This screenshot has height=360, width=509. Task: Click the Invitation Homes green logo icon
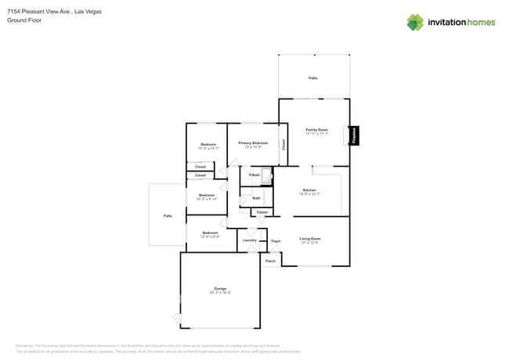click(x=414, y=22)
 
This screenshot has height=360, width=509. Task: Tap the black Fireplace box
click(x=353, y=135)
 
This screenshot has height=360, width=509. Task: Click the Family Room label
click(x=316, y=129)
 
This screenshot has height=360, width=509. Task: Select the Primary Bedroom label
click(x=253, y=143)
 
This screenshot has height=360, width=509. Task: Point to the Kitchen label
click(x=309, y=190)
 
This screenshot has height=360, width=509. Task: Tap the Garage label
click(x=220, y=289)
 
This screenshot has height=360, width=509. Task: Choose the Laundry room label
click(x=250, y=239)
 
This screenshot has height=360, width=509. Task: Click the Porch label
click(x=270, y=261)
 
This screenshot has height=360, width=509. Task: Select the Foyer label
click(x=276, y=240)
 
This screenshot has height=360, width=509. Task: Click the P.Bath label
click(x=254, y=175)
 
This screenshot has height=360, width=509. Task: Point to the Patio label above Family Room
click(x=313, y=78)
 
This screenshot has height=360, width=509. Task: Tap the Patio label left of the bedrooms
click(x=167, y=215)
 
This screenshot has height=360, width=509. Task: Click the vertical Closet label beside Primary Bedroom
click(x=283, y=145)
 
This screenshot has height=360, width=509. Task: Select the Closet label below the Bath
click(x=262, y=212)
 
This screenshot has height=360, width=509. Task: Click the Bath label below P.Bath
click(x=256, y=198)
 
